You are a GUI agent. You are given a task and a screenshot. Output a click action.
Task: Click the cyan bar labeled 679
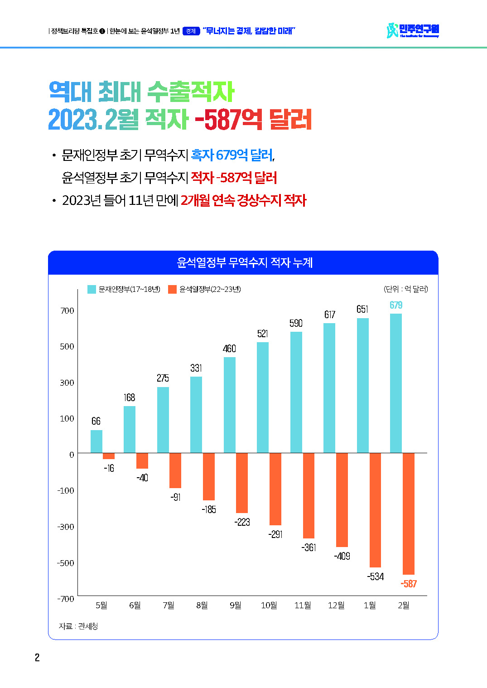(395, 383)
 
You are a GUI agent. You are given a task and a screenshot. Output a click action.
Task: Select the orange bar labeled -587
(409, 514)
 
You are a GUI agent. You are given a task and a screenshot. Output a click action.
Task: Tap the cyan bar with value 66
(96, 441)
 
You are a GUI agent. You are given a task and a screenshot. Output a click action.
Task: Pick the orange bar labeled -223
(242, 483)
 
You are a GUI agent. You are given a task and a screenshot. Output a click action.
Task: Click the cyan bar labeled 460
(229, 405)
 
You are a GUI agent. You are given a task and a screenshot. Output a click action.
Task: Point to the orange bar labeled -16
(109, 456)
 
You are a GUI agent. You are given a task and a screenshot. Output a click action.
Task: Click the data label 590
(296, 323)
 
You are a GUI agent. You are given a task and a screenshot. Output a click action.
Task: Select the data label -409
(342, 556)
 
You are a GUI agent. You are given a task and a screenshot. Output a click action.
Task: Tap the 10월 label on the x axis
(269, 606)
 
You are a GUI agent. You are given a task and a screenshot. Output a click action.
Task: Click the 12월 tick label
(336, 606)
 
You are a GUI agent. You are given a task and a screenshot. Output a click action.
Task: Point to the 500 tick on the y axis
(67, 347)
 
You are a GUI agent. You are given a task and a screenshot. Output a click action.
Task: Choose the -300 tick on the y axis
(66, 527)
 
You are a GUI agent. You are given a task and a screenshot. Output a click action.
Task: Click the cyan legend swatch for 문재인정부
(92, 289)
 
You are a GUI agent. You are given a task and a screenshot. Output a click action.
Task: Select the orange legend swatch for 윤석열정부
(172, 289)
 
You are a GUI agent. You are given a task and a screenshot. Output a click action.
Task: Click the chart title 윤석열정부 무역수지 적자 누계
(245, 262)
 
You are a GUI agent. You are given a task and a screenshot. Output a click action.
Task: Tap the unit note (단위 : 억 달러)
(405, 289)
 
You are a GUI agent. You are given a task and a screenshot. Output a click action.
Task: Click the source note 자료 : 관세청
(78, 626)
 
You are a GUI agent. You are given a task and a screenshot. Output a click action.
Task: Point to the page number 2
(37, 658)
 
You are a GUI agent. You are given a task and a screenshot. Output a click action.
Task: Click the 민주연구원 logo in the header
(413, 31)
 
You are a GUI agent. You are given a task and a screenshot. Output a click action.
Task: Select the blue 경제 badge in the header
(191, 31)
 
